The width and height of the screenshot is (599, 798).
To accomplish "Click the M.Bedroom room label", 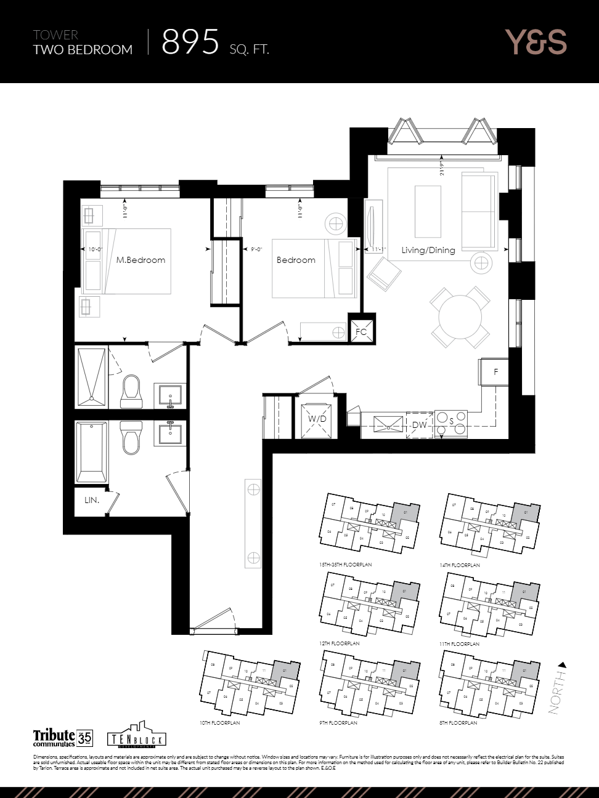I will click(x=141, y=260).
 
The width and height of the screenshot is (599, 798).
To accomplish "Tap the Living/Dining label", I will click(x=428, y=250).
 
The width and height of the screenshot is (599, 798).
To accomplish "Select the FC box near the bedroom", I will click(x=361, y=331).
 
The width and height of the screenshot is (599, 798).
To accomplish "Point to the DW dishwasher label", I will click(x=419, y=425).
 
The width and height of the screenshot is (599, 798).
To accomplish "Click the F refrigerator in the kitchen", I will click(x=495, y=372).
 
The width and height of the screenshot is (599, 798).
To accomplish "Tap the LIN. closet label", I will click(x=92, y=500).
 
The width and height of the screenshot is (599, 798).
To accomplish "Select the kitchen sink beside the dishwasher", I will click(x=389, y=424).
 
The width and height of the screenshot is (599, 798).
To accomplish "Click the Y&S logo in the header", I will click(x=536, y=42).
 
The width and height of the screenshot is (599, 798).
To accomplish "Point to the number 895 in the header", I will click(x=190, y=42).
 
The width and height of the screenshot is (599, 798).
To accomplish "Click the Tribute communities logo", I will click(x=62, y=737).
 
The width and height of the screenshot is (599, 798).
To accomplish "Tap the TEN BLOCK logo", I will click(x=136, y=736).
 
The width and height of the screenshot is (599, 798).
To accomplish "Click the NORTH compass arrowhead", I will click(x=561, y=665).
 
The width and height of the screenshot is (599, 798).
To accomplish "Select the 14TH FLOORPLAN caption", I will click(x=460, y=565).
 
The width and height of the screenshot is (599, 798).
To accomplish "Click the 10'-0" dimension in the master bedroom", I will click(x=94, y=249).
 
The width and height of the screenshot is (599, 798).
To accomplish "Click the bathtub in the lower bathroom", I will click(x=91, y=452).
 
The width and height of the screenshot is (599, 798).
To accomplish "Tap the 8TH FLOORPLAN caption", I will click(x=458, y=723).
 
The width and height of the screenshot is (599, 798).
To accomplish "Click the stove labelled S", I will click(x=451, y=423).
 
